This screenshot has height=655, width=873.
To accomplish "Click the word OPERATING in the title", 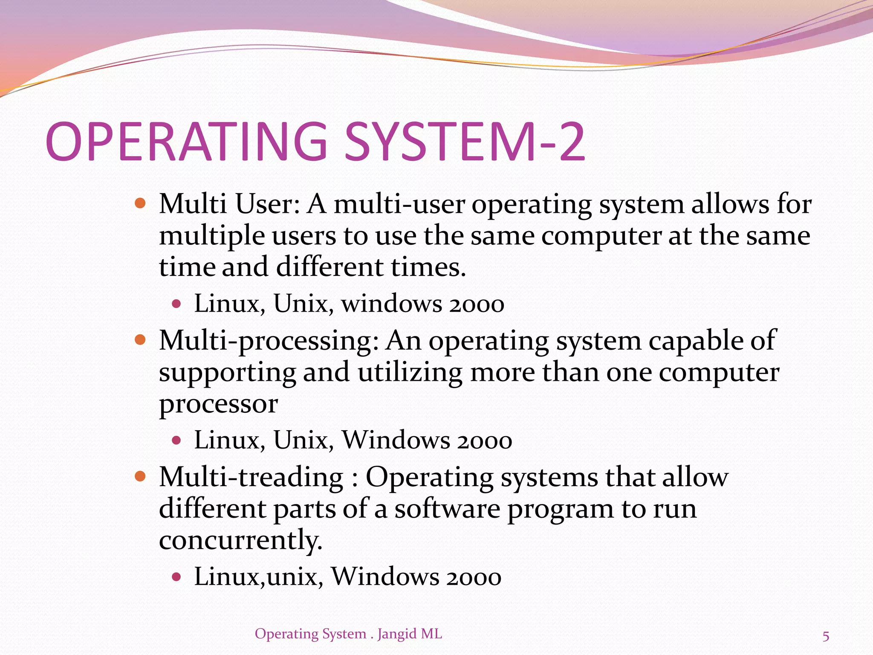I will (x=186, y=142).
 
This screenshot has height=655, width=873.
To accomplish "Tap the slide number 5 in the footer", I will (x=826, y=636).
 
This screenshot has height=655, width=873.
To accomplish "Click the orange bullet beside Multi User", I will (x=140, y=203).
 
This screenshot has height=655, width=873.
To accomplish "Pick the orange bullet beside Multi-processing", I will (x=140, y=339).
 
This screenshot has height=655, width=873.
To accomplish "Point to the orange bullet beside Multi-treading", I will (x=140, y=476).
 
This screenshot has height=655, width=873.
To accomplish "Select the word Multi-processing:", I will (x=269, y=341).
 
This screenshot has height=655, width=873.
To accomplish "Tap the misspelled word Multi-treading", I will (x=251, y=477).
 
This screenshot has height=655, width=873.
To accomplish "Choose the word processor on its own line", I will (x=218, y=404).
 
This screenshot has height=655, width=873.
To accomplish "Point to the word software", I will (x=447, y=509).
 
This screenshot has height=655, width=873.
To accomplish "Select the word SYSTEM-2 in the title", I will (x=465, y=142).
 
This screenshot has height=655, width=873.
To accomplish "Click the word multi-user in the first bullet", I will (x=399, y=204).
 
